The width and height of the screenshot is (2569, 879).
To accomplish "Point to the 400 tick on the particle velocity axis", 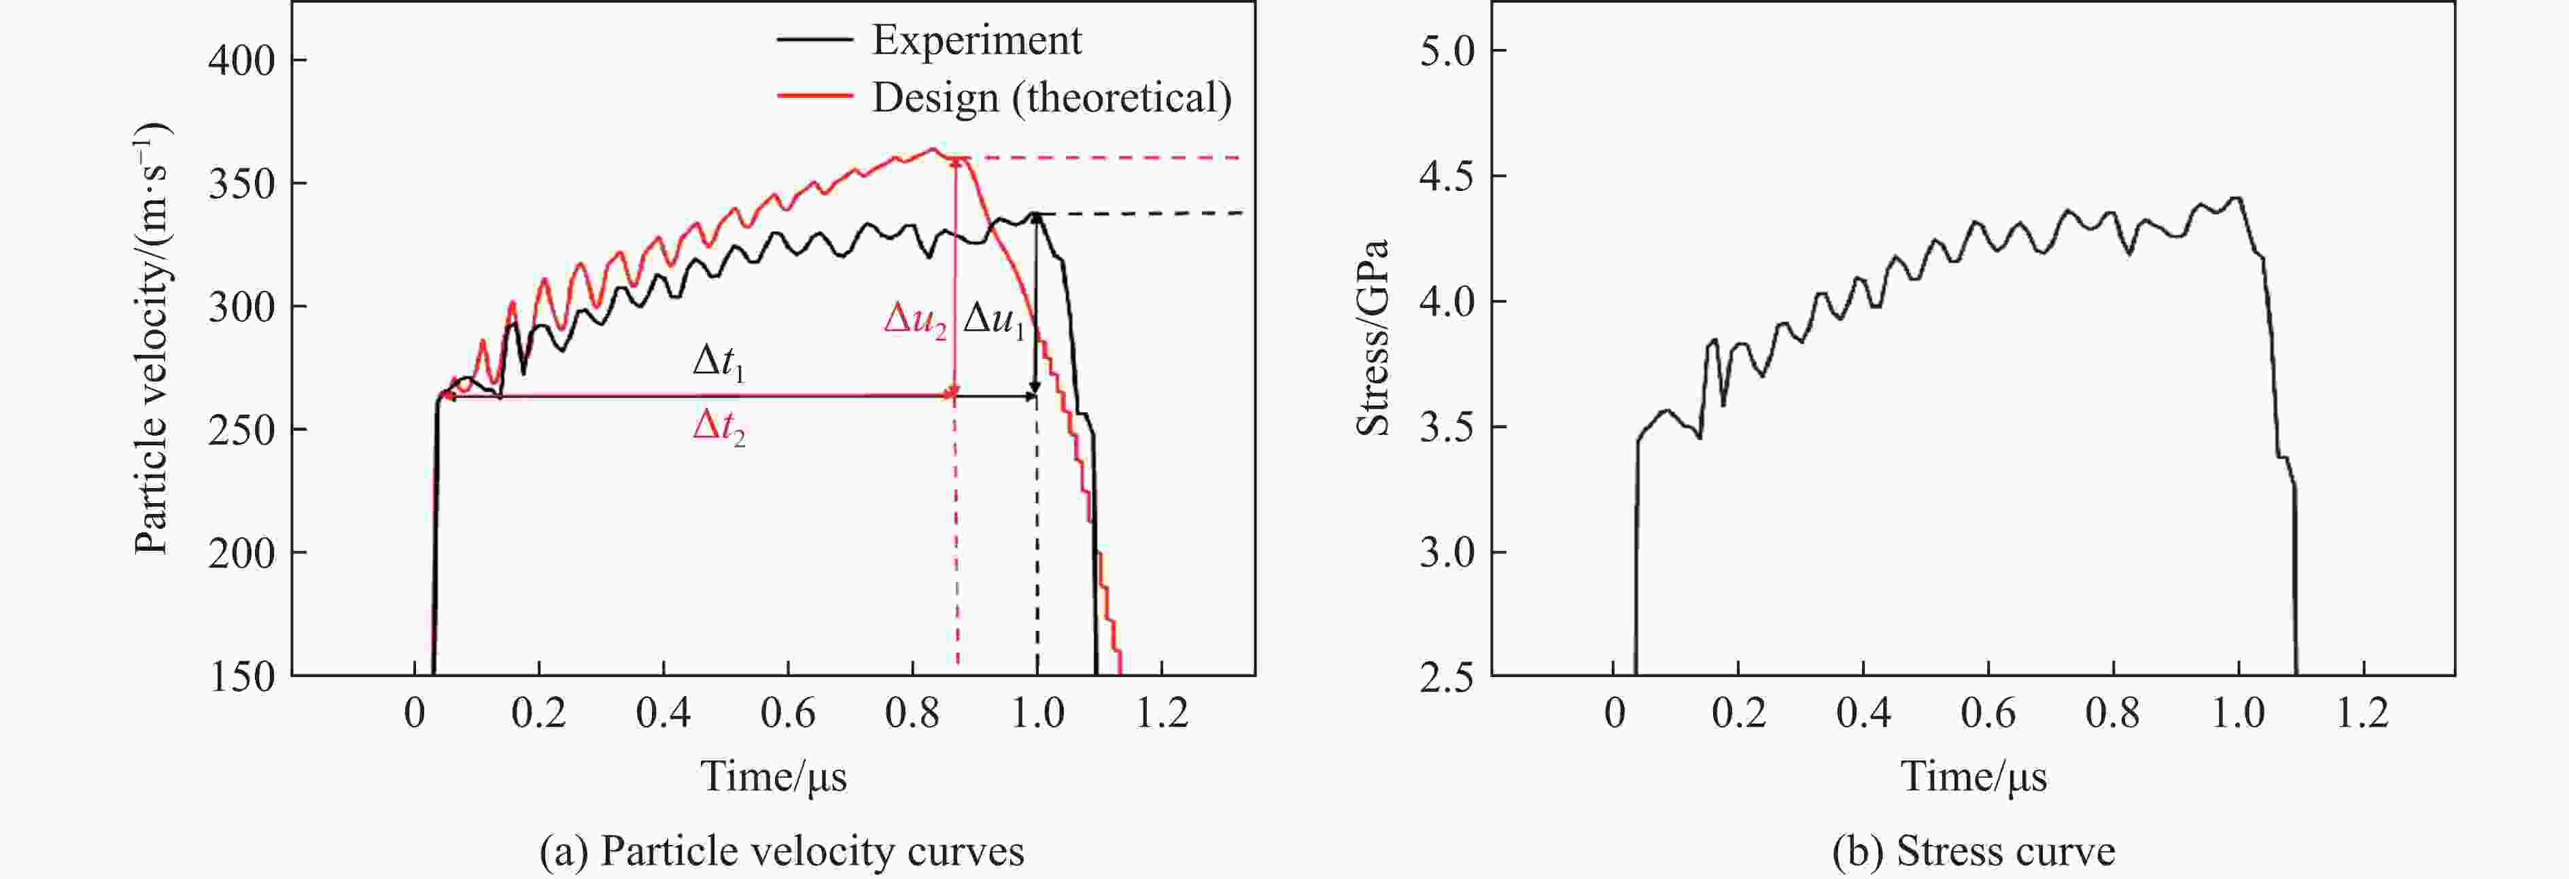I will [241, 61].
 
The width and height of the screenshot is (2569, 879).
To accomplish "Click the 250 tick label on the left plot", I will [241, 430].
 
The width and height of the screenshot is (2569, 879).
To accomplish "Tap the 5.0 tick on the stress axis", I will [1447, 51].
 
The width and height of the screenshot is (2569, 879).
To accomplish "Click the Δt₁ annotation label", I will [718, 362].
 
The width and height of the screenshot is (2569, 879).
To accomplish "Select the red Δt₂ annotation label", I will [718, 429].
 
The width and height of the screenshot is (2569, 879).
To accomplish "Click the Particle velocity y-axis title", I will [152, 339].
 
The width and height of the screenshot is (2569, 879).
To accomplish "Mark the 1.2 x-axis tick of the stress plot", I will [2362, 713].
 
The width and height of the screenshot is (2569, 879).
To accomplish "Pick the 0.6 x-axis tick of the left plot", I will [788, 713].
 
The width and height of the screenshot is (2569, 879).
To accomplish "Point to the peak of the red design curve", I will [933, 150].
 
